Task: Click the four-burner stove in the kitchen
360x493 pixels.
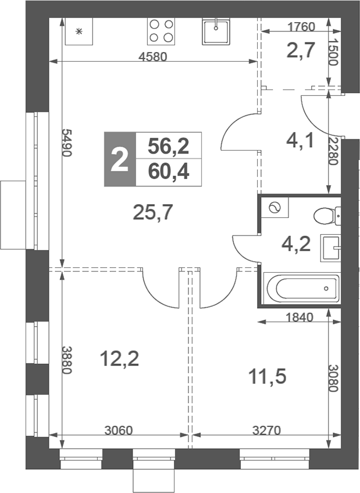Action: tap(161, 31)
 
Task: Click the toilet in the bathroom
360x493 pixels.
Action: tap(326, 216)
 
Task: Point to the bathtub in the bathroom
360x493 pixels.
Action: tap(300, 287)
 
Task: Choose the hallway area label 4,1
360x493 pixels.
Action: tap(301, 140)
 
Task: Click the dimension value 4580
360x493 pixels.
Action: tap(153, 56)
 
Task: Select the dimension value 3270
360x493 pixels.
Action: tap(266, 431)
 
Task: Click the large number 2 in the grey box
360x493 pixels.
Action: tap(119, 159)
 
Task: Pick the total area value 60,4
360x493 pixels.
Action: tap(169, 173)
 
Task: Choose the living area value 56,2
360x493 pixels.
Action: tap(169, 146)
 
